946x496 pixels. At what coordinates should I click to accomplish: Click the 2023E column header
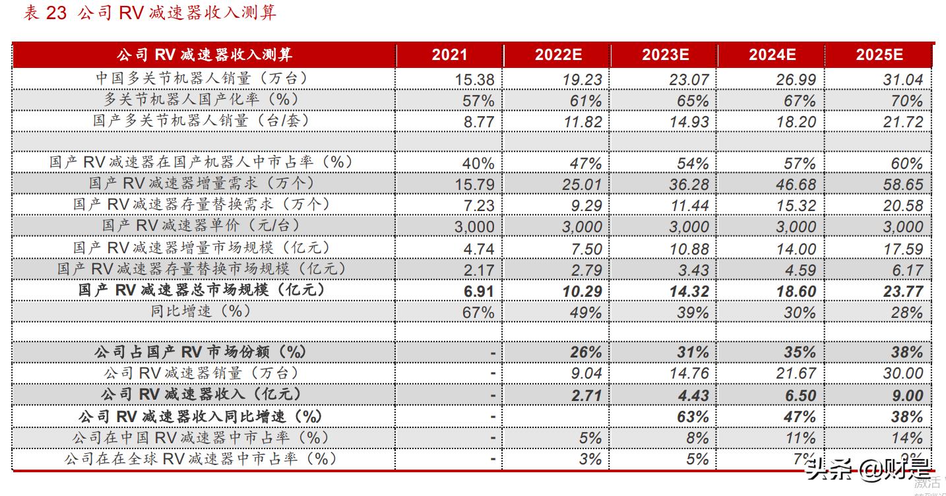pyautogui.click(x=665, y=55)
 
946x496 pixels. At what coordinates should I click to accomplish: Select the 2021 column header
pyautogui.click(x=449, y=55)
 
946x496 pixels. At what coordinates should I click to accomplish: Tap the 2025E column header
pyautogui.click(x=879, y=55)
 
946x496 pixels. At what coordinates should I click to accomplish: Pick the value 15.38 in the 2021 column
pyautogui.click(x=474, y=80)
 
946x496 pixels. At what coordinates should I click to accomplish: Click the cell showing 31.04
pyautogui.click(x=902, y=80)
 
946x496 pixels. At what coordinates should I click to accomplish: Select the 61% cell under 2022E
pyautogui.click(x=586, y=101)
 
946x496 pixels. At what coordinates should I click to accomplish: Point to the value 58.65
pyautogui.click(x=902, y=185)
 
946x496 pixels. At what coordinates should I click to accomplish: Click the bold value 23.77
pyautogui.click(x=902, y=291)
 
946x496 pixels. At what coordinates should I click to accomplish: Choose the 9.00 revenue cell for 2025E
pyautogui.click(x=906, y=396)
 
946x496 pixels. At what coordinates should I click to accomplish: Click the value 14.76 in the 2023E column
pyautogui.click(x=689, y=373)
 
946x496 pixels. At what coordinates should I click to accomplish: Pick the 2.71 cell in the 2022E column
pyautogui.click(x=586, y=396)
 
